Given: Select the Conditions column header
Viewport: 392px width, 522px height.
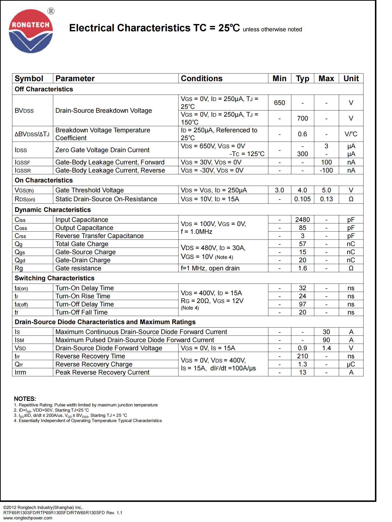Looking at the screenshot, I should point(201,79).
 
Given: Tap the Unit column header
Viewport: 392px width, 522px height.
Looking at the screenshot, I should point(351,79).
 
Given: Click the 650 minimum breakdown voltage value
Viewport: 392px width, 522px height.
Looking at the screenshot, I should point(279,103).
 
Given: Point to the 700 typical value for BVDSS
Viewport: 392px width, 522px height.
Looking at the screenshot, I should point(302,118).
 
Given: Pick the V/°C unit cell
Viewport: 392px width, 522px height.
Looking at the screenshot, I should point(351,134).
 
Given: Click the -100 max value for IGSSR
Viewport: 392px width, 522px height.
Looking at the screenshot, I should point(326,170).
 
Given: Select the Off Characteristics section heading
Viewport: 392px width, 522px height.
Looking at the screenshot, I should point(44,89).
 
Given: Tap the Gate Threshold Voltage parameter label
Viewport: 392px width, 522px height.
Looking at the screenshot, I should point(89,190).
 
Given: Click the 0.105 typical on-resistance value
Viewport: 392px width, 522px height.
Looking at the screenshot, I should point(302,199).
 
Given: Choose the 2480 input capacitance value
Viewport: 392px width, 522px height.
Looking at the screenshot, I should point(302,220).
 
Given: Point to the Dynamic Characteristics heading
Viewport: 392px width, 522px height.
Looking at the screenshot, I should point(53,210).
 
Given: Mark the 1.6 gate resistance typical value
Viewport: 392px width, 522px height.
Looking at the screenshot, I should point(302,268).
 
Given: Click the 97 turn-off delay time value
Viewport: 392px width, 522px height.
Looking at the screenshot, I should point(302,304).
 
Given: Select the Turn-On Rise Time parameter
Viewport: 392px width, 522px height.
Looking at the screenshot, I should point(83,296).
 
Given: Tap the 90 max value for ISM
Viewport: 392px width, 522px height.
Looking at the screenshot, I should point(326,340).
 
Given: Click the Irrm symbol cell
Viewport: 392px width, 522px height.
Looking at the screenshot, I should point(20,372).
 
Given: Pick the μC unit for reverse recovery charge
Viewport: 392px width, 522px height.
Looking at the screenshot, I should point(351,364).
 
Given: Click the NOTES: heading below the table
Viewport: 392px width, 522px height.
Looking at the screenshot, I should point(25,399).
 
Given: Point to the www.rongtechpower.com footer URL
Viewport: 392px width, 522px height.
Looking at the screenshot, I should point(28,518).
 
